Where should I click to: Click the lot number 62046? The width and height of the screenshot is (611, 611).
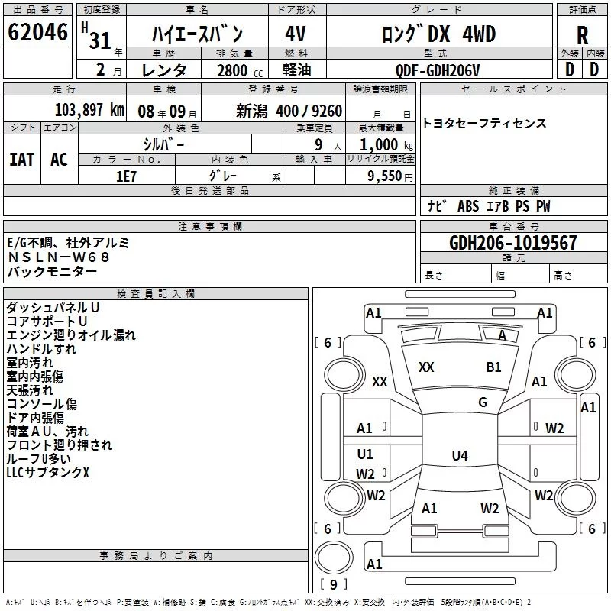click(x=37, y=33)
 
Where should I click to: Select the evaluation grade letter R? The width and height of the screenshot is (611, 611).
click(x=582, y=36)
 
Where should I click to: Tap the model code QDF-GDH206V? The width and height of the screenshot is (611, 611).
click(x=438, y=69)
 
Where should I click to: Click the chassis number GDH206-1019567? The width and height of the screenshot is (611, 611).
click(x=513, y=243)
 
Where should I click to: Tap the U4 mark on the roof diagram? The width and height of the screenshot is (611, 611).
click(x=459, y=456)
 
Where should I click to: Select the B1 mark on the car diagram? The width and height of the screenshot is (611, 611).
click(x=493, y=367)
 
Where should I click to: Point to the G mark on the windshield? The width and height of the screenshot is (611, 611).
click(x=482, y=402)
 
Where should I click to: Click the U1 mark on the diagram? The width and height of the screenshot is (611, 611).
click(x=365, y=454)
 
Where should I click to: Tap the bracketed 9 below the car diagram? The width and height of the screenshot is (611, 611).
click(x=333, y=584)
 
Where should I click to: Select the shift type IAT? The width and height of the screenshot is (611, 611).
click(x=21, y=159)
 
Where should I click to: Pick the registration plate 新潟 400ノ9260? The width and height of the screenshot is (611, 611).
click(x=289, y=110)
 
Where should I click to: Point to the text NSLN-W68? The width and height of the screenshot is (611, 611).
click(x=59, y=257)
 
